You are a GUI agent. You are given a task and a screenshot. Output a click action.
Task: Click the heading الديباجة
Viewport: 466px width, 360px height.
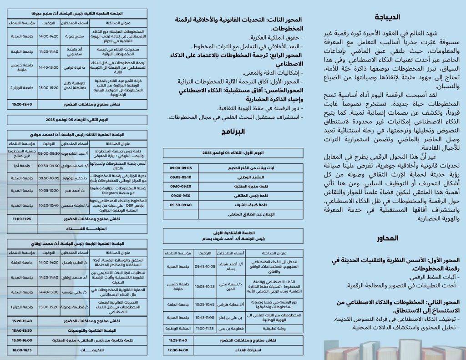coord(387,17)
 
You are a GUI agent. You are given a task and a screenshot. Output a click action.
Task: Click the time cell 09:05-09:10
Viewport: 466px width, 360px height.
coord(180,177)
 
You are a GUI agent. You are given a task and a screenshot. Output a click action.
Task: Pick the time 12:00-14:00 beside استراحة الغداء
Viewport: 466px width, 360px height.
coord(178,351)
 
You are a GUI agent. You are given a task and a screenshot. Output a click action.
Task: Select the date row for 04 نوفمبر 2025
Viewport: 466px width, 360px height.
coord(233,153)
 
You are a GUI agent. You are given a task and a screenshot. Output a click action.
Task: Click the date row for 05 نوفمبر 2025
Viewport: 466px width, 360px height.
coord(77,120)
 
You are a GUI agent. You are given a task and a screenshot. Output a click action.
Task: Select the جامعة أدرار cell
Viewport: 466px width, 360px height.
coord(22,166)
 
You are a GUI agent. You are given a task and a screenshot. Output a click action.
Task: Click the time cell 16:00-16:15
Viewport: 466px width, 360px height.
coord(22,350)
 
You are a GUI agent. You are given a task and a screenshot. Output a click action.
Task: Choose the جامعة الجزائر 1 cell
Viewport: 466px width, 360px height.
coord(22,308)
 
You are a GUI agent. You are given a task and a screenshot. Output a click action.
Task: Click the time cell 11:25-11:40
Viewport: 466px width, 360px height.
coord(178,340)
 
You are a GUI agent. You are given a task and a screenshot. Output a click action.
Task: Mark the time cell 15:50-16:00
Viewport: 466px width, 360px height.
coord(22,340)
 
